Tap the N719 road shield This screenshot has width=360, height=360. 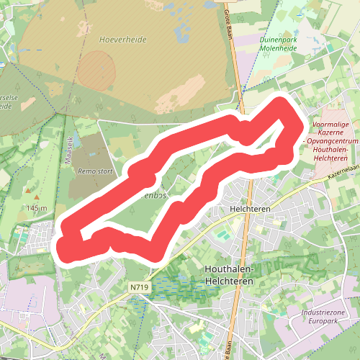coord(140,287)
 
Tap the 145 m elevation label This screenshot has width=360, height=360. coord(37,208)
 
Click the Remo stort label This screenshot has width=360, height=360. coord(96,172)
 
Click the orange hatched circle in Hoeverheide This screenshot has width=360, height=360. coord(96,71)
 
